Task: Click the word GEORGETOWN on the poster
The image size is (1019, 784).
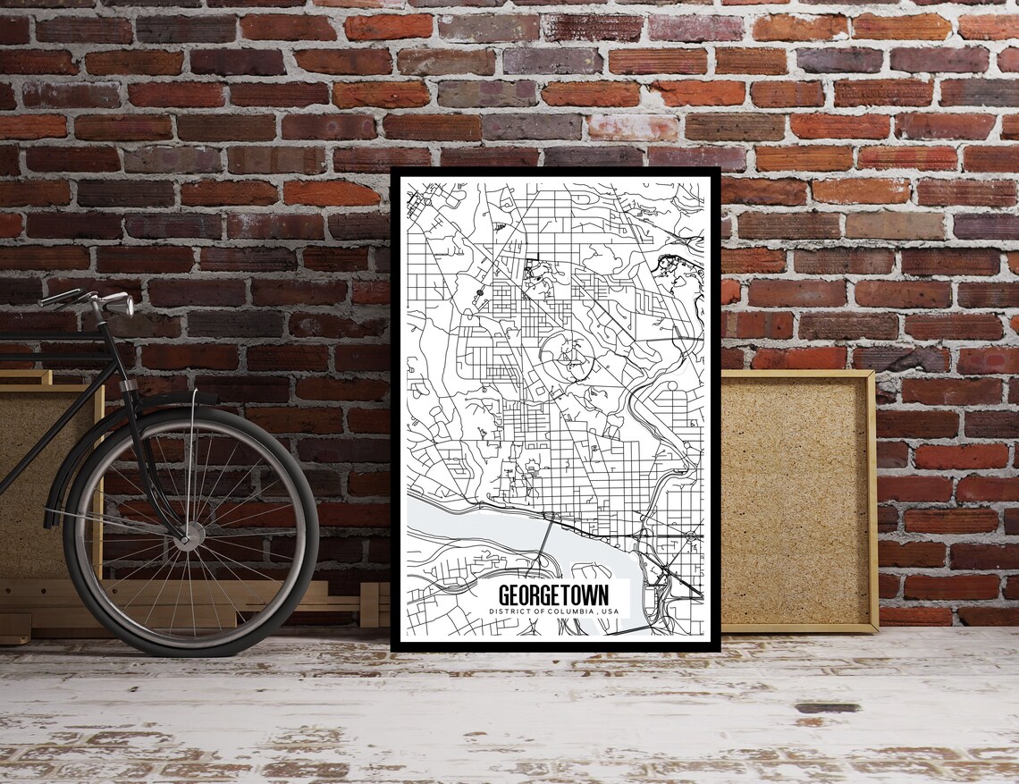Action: (x=552, y=594)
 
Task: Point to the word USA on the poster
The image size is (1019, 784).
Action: (x=610, y=611)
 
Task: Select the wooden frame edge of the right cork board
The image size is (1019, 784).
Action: (x=871, y=501)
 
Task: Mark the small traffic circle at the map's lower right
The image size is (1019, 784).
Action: (x=690, y=535)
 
